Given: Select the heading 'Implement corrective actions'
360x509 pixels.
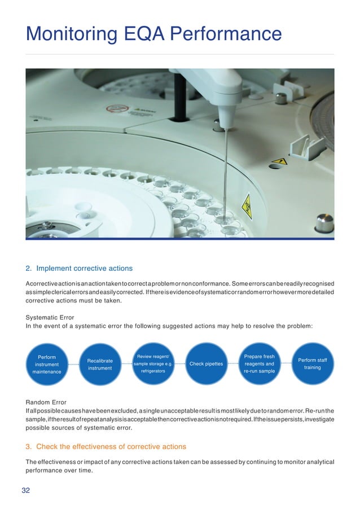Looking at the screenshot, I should click(85, 268).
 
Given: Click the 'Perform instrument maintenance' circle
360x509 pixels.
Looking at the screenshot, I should click(47, 365).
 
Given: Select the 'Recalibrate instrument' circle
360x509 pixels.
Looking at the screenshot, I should click(100, 365).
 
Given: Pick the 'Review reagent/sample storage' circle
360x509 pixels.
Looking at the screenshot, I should click(153, 364).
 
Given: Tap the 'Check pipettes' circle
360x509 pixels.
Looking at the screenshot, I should click(206, 364).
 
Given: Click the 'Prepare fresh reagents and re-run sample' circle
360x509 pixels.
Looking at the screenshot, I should click(259, 364).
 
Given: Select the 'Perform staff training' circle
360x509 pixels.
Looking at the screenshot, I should click(312, 364).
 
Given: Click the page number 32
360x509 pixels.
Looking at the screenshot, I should click(26, 490).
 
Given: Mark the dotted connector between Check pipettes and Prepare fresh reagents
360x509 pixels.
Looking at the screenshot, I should click(232, 364).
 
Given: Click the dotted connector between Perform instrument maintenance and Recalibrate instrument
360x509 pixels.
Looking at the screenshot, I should click(73, 365).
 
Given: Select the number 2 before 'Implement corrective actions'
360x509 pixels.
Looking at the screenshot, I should click(28, 268).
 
